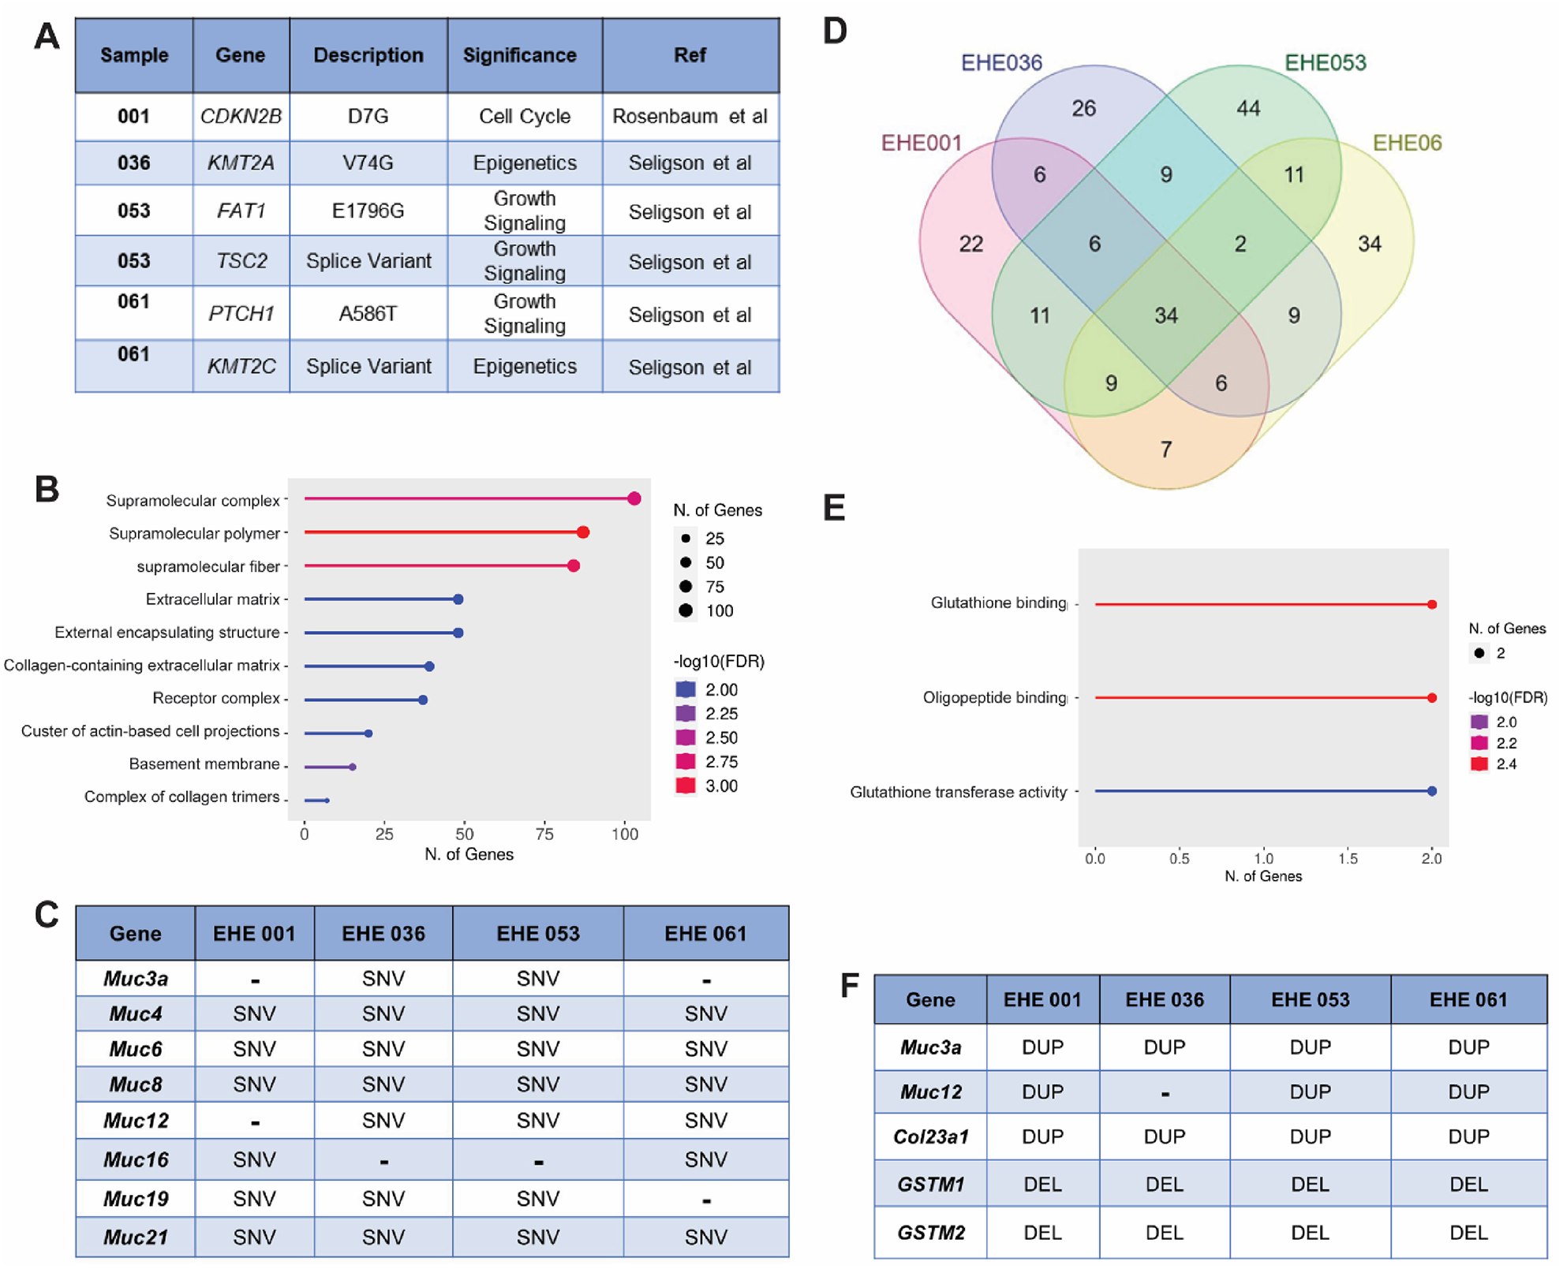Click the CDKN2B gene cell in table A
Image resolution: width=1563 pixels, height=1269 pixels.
point(241,117)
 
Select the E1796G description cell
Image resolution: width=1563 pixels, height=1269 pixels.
point(368,211)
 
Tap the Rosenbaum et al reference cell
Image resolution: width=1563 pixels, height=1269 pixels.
point(690,117)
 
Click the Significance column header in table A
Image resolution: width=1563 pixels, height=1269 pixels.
point(519,55)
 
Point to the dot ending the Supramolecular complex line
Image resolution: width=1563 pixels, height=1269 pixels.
point(634,498)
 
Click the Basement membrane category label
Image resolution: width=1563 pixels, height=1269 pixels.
point(204,764)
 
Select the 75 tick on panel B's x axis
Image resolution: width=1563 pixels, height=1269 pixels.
point(544,834)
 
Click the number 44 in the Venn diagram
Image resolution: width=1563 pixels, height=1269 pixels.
point(1248,108)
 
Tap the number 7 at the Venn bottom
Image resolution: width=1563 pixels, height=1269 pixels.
point(1166,450)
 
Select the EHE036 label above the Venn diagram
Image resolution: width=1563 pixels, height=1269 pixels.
point(1001,62)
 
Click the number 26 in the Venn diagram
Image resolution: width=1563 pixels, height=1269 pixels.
point(1083,108)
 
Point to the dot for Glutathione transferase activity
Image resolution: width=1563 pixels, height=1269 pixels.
point(1432,791)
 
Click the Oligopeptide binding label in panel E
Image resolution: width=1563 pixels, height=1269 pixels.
point(994,698)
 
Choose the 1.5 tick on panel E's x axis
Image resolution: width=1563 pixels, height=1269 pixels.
point(1348,859)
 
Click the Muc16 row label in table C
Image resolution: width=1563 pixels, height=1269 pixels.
point(136,1159)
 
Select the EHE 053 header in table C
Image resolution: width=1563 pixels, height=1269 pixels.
point(538,934)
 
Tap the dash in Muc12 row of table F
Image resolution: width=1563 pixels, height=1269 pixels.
point(1165,1093)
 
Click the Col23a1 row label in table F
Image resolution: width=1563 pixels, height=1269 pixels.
point(931,1137)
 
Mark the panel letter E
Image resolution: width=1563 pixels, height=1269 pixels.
point(834,508)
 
